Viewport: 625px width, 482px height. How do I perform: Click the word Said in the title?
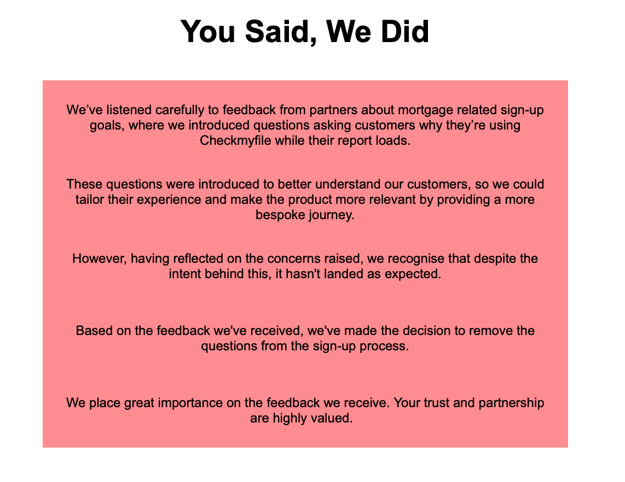[277, 32]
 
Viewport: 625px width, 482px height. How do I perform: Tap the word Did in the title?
[404, 31]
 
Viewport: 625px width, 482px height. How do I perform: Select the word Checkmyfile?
[235, 140]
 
